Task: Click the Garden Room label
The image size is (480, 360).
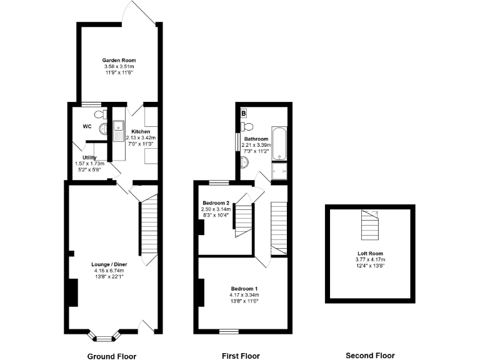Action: pos(119,60)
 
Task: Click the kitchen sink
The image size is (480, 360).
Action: pos(117,128)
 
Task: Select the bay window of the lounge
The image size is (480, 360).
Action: pos(104,336)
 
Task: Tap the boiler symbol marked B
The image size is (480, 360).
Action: pos(243,114)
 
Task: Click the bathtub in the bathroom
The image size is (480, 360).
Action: pos(279,143)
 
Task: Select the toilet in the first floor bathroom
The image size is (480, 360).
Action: pos(245,162)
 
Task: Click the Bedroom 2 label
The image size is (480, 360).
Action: pos(216,202)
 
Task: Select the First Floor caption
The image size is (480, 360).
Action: pos(241,356)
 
